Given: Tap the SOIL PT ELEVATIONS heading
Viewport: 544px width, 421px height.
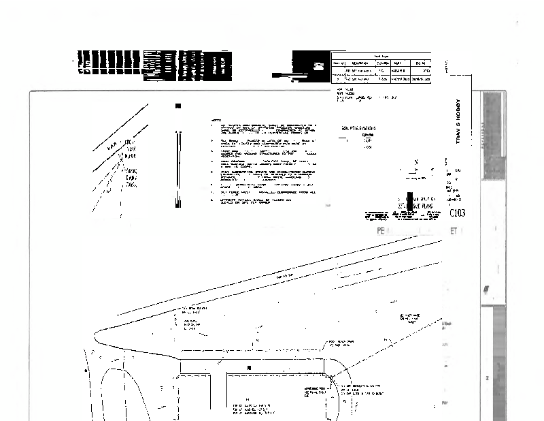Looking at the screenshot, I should [x=360, y=127].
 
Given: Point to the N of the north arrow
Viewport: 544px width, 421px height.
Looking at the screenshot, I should [x=415, y=163].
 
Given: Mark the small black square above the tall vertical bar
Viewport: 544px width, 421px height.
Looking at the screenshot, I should [x=178, y=106].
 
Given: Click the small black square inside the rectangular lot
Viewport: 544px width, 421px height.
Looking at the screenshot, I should [x=249, y=368].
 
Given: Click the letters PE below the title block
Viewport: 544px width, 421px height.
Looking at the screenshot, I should [x=381, y=232].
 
